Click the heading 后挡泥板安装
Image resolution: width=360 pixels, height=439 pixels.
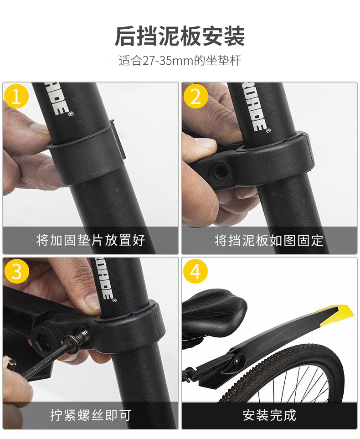point(180,36)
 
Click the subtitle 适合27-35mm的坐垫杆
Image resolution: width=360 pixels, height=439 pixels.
point(180,60)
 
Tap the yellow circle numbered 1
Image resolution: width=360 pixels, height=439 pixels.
point(16,96)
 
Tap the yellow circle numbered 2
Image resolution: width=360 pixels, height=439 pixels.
point(195,96)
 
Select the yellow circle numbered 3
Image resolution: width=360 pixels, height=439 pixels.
point(16,271)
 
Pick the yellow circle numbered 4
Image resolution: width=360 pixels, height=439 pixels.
point(195,271)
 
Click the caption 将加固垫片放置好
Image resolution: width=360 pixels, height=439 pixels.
point(90,240)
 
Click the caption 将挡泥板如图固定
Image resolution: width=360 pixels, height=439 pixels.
point(269,240)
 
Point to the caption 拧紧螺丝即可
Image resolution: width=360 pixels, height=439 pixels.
point(90,415)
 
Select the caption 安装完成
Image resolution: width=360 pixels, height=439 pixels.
point(269,415)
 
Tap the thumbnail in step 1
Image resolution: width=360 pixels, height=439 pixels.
point(39,129)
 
